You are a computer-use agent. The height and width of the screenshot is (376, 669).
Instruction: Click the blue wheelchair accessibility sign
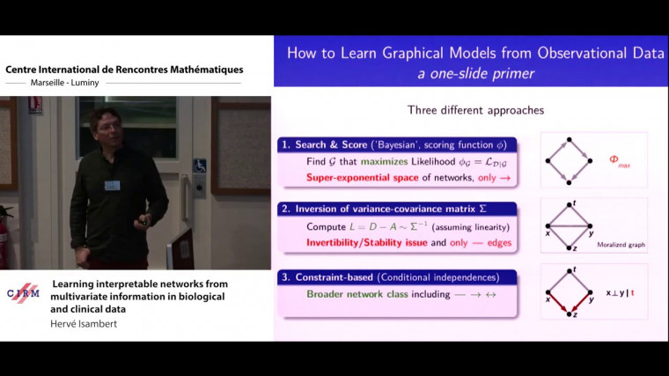point(199,165)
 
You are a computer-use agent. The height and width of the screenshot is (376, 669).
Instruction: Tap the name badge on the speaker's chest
point(112,185)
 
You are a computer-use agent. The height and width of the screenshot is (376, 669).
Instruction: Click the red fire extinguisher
point(6,231)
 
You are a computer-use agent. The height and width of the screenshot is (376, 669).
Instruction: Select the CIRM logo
point(23,294)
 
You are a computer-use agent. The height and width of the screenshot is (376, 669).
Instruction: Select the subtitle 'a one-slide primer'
point(476,73)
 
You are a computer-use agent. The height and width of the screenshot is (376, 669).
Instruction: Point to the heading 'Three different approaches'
point(475,111)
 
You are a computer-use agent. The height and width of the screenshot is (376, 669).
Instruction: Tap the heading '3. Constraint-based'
point(330,276)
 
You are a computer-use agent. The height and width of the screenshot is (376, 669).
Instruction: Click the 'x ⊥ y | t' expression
point(621,291)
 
